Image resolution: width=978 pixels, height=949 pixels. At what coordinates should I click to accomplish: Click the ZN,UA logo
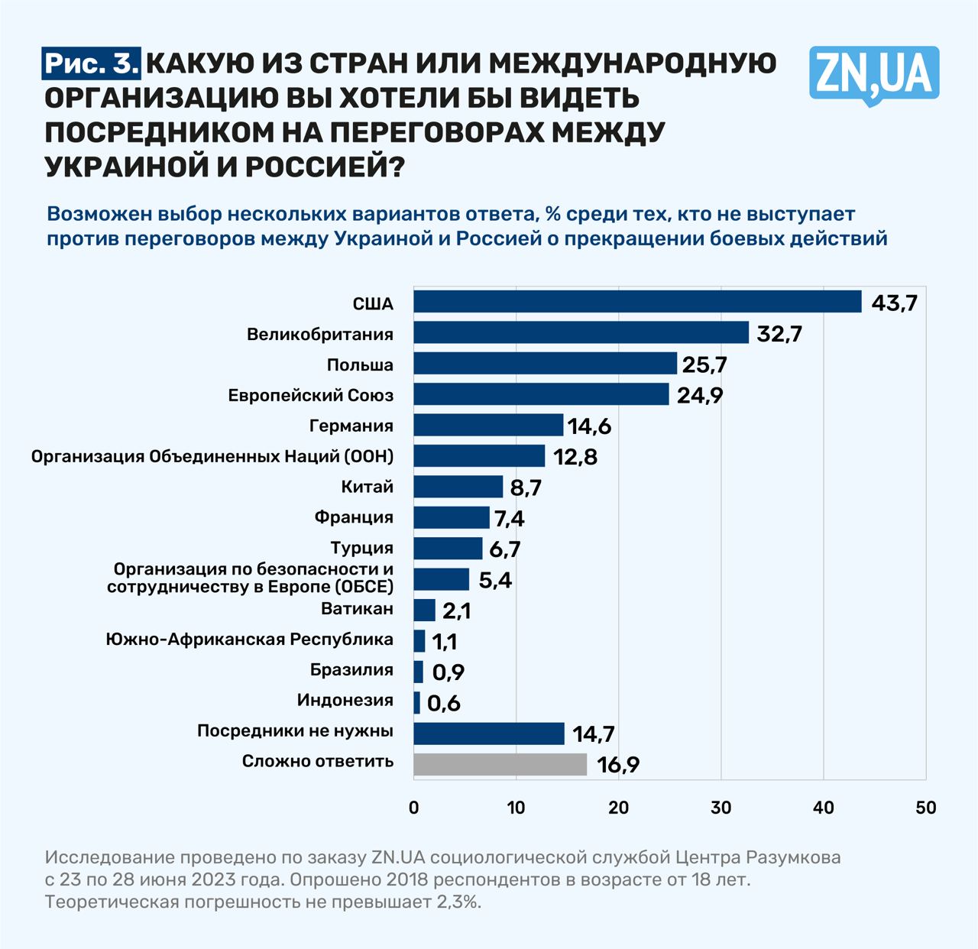point(873,74)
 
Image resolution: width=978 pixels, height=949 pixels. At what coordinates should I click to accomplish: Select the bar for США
point(637,302)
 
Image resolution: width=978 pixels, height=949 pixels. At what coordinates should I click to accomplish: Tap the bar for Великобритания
point(581,333)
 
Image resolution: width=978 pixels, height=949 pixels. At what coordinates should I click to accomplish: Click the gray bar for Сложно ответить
point(500,764)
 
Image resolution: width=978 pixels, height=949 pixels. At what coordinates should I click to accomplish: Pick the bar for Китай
point(458,487)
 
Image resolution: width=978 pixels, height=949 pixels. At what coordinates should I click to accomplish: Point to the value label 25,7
point(704,364)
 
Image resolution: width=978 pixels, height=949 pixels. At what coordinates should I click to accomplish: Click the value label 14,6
point(589,426)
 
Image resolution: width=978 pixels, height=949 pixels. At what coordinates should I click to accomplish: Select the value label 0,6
point(444,703)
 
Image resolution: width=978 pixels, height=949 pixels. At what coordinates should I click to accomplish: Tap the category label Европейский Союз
point(311,395)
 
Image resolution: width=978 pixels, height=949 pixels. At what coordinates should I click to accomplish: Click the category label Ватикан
point(357,609)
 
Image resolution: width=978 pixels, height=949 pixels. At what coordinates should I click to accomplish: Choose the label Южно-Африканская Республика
point(250,640)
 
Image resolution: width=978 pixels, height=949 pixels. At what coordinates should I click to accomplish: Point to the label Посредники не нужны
point(295,731)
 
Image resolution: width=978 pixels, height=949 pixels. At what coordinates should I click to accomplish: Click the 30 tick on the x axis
point(721,808)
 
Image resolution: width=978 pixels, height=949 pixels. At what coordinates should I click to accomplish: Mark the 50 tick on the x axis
point(925,808)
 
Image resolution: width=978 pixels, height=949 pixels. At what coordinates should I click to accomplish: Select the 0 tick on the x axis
point(414,808)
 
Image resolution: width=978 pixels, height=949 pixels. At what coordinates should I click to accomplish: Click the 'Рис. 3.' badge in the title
point(92,63)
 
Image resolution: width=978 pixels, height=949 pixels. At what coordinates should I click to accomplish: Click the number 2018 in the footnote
point(410,879)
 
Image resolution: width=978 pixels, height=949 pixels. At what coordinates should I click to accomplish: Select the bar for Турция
point(449,549)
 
